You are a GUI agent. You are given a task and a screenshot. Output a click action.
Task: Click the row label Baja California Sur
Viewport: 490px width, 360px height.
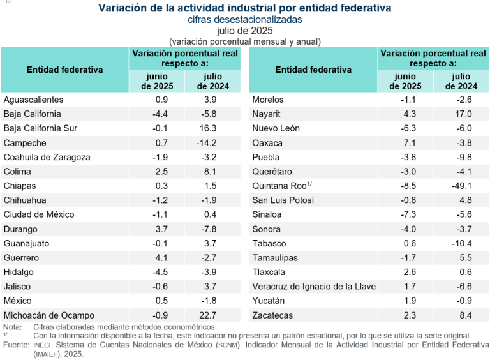coord(40,128)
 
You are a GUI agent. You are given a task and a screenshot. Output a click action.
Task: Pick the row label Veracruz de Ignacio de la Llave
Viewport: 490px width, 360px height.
coord(314,287)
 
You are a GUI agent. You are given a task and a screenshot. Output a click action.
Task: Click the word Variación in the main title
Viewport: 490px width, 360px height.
coord(122,8)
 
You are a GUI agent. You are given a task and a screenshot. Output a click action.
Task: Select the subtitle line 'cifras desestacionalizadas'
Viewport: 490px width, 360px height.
coord(244,20)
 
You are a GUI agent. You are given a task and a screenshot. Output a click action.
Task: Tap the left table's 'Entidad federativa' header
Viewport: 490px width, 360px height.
coord(64,70)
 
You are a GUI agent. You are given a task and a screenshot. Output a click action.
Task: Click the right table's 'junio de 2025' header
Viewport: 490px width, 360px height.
coord(406,81)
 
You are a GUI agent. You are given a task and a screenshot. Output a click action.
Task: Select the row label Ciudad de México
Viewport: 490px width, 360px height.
coord(39,214)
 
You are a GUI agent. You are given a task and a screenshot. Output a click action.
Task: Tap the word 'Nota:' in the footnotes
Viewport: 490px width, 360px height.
coord(12,327)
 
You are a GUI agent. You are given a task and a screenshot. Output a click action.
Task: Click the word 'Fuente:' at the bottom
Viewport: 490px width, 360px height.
coord(15,345)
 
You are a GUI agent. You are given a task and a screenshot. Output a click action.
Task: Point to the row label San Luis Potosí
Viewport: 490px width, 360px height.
coord(283,200)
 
